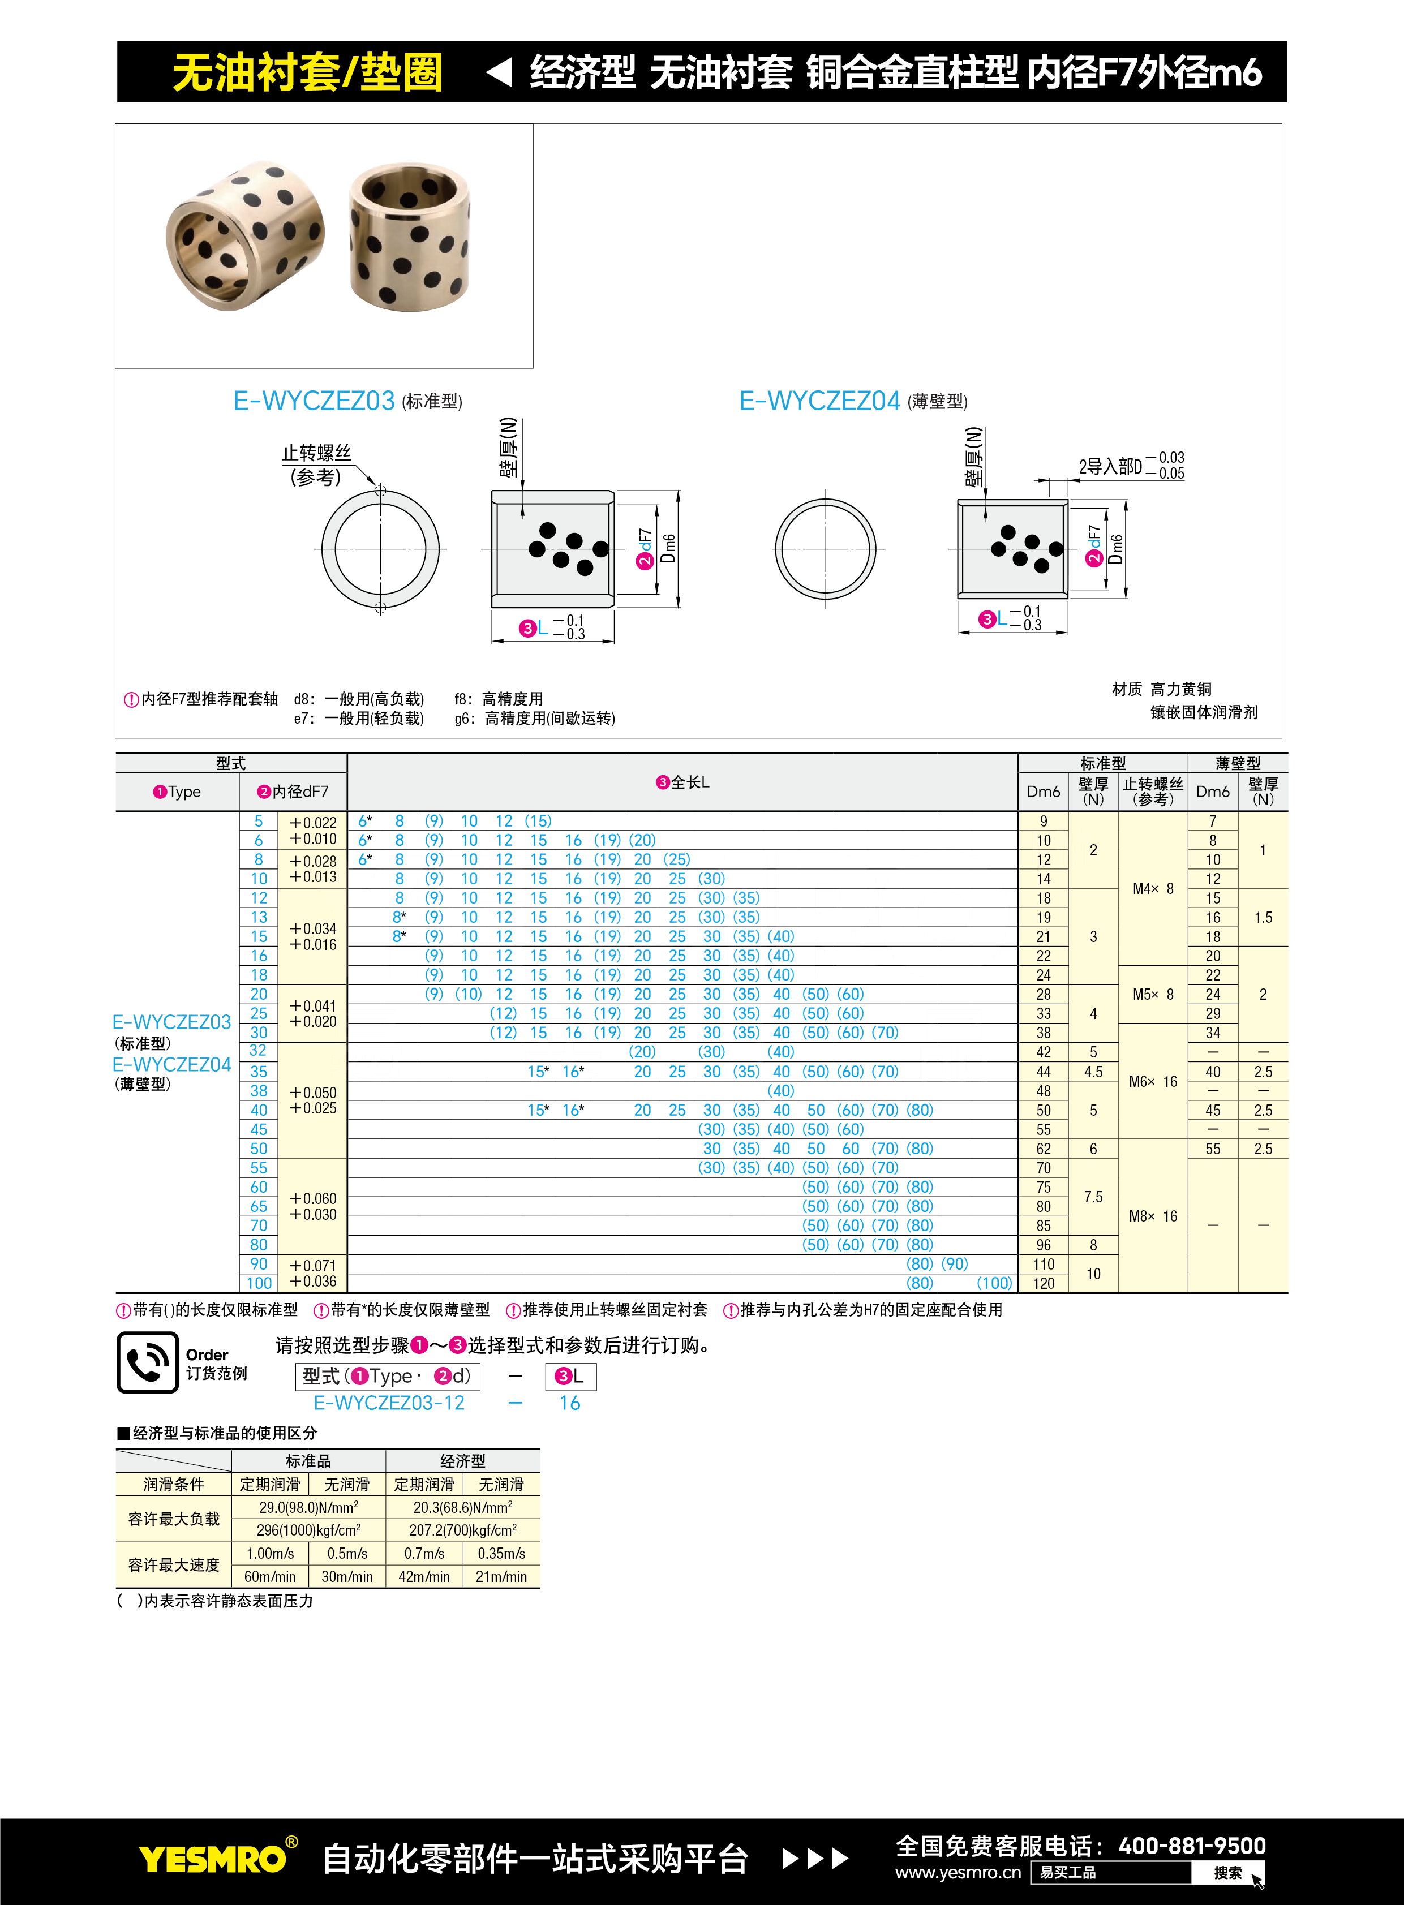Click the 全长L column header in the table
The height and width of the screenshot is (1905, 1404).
tap(682, 782)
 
